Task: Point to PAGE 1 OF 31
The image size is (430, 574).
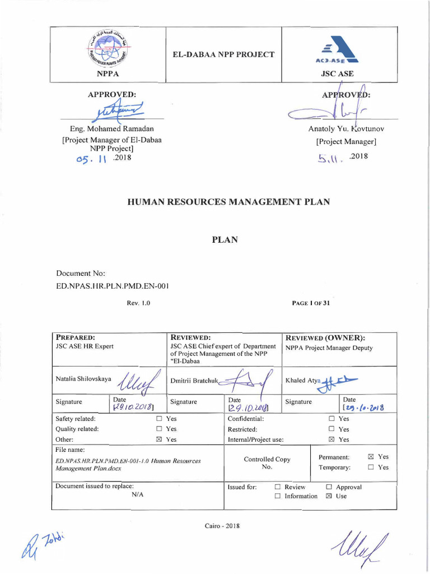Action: (311, 303)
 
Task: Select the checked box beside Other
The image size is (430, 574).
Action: (159, 439)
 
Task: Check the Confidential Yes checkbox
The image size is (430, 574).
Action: (331, 419)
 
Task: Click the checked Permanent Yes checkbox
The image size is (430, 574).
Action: (371, 457)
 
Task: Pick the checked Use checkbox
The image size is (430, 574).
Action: (329, 496)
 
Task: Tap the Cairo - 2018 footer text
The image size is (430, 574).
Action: (222, 525)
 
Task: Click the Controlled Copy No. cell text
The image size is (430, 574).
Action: (267, 462)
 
